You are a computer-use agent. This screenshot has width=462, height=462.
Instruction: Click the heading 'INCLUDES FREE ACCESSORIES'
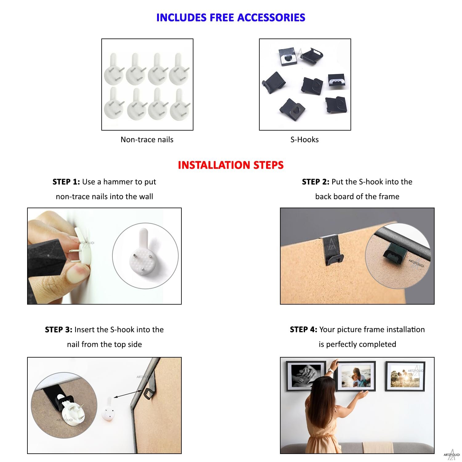pyautogui.click(x=231, y=18)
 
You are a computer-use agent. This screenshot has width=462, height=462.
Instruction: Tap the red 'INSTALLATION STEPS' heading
pyautogui.click(x=231, y=165)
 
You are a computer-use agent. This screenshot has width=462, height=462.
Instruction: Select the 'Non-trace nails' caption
pyautogui.click(x=147, y=140)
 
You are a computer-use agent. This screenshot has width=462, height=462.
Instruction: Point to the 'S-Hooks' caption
pyautogui.click(x=304, y=140)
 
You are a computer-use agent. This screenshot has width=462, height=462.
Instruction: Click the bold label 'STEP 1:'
pyautogui.click(x=66, y=182)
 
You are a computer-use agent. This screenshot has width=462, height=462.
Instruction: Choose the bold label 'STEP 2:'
pyautogui.click(x=316, y=182)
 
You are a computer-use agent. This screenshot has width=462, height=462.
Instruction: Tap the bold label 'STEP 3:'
pyautogui.click(x=59, y=330)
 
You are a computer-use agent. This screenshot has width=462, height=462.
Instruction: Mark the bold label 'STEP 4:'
pyautogui.click(x=303, y=330)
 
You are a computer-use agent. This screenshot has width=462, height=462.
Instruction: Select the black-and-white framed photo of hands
pyautogui.click(x=306, y=376)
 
